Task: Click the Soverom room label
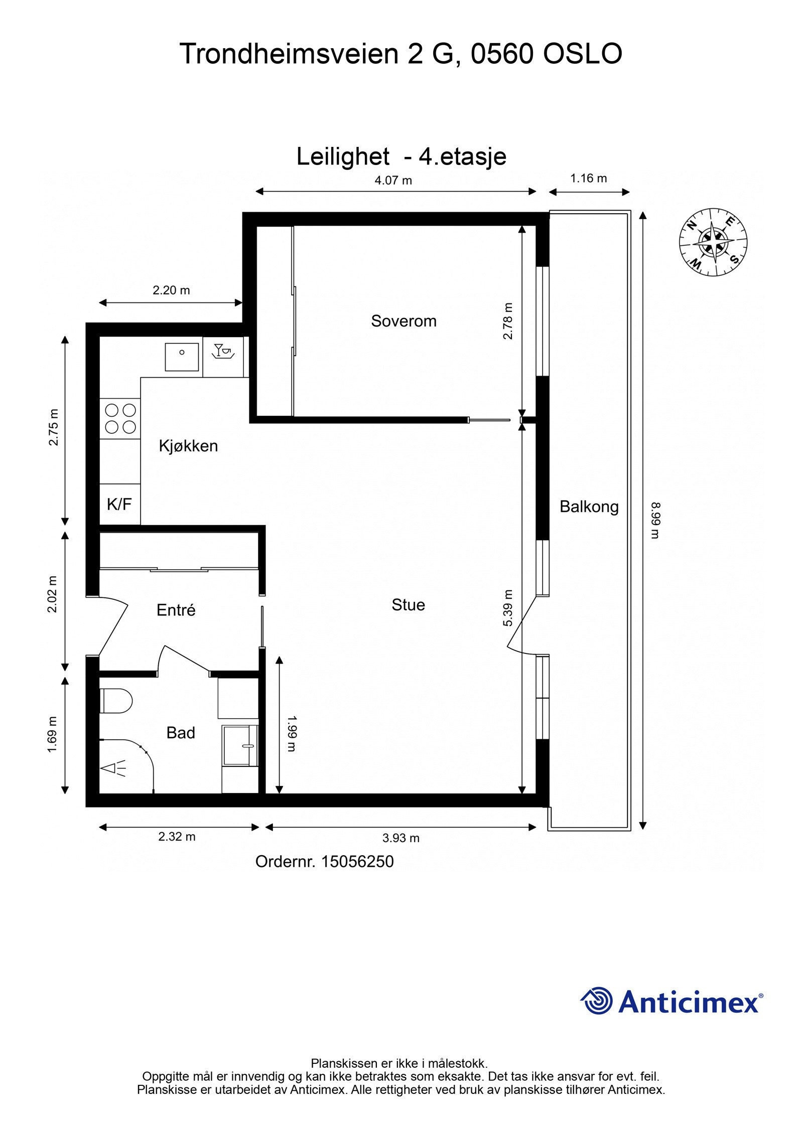click(x=404, y=321)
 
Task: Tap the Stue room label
click(x=408, y=605)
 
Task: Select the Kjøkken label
click(x=188, y=446)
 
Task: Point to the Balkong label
click(x=589, y=507)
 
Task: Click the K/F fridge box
click(x=119, y=505)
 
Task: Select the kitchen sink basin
click(x=182, y=357)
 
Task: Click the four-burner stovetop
click(x=120, y=418)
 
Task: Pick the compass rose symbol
click(x=713, y=242)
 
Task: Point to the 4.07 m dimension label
click(x=393, y=181)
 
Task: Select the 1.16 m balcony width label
click(x=588, y=178)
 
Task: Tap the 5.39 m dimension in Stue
click(x=508, y=608)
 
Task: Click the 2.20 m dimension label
click(x=171, y=290)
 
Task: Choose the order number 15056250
click(x=357, y=862)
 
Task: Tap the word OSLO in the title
click(x=583, y=54)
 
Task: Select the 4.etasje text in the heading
click(x=462, y=156)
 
